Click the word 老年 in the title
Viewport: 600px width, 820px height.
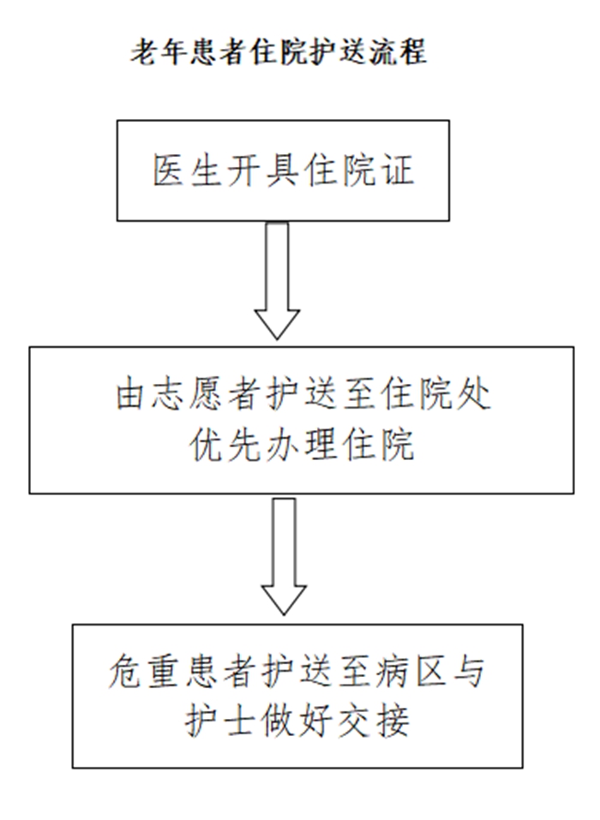pyautogui.click(x=159, y=51)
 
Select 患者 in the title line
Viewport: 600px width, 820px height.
pyautogui.click(x=219, y=51)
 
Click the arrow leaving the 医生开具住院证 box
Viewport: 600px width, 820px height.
pyautogui.click(x=277, y=281)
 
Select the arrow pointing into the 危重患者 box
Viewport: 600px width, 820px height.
pyautogui.click(x=284, y=556)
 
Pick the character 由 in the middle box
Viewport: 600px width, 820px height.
pyautogui.click(x=133, y=395)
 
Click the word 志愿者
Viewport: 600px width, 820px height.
pyautogui.click(x=207, y=395)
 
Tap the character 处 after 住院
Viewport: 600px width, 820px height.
pyautogui.click(x=474, y=395)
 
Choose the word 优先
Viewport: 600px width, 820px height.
pyautogui.click(x=225, y=446)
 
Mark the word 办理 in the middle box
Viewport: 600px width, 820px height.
pyautogui.click(x=301, y=446)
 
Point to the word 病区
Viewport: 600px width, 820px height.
pyautogui.click(x=410, y=671)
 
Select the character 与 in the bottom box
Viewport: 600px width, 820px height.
pyautogui.click(x=467, y=671)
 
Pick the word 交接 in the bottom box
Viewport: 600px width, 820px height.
pyautogui.click(x=373, y=721)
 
